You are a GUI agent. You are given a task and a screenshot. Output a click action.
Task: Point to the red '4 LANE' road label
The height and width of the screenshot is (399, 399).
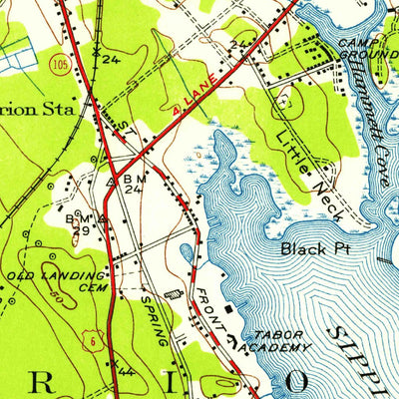click(x=197, y=99)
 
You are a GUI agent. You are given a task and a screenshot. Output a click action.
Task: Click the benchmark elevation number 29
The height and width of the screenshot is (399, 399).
click(x=76, y=229)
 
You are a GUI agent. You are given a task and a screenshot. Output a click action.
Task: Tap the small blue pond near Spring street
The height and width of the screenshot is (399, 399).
click(x=179, y=294)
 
